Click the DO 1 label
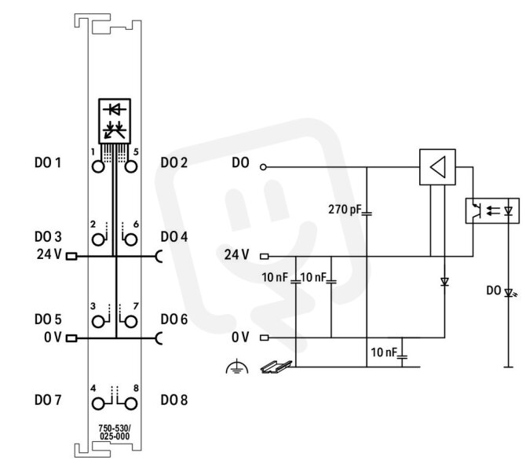click(x=48, y=162)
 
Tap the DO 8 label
click(x=174, y=400)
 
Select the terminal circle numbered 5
click(x=131, y=166)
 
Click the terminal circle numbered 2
click(x=98, y=239)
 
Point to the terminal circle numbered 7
click(x=131, y=322)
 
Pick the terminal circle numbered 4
click(x=98, y=403)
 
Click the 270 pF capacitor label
click(x=345, y=210)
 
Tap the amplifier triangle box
click(x=437, y=167)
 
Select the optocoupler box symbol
click(x=492, y=210)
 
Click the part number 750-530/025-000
click(x=115, y=433)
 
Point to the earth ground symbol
click(x=237, y=367)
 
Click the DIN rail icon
click(x=276, y=367)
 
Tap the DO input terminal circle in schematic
click(x=263, y=166)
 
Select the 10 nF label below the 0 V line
click(x=384, y=352)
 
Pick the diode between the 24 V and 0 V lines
click(x=445, y=282)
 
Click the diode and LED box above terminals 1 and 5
click(x=115, y=121)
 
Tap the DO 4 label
click(x=174, y=237)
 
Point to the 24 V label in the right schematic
click(x=237, y=255)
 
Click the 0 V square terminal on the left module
click(x=71, y=338)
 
